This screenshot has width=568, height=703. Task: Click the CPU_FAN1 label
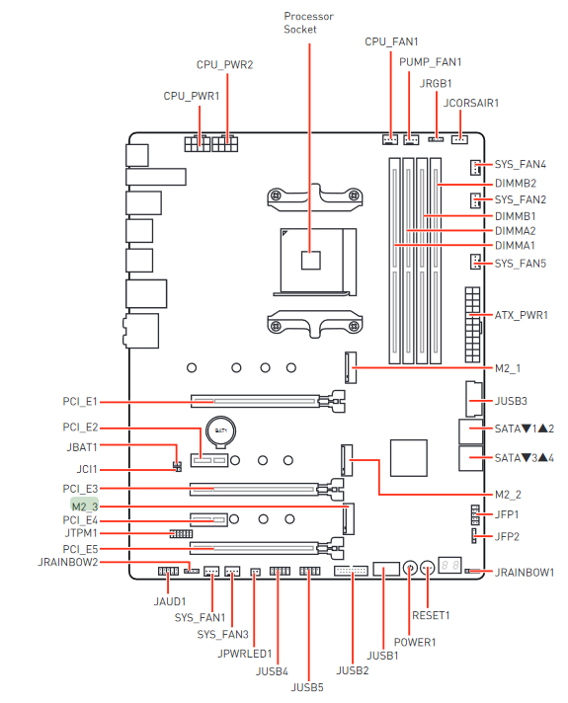coord(391,41)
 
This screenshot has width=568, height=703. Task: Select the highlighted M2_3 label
coord(85,507)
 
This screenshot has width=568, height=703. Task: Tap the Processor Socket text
coord(308,23)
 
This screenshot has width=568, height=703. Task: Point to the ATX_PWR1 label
coord(521,315)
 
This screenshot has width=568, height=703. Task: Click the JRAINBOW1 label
coord(525,573)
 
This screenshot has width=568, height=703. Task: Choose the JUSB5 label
coord(307,687)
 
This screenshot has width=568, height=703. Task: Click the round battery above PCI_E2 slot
coord(220,431)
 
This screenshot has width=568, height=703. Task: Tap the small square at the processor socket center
coord(310,260)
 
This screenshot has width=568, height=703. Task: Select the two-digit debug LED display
coord(449,566)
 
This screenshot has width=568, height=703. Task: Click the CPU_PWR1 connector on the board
coord(197,143)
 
